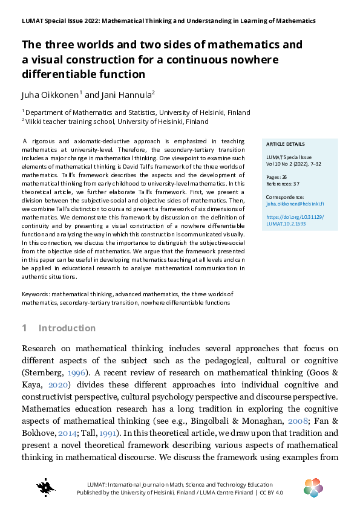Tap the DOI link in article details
click(x=295, y=219)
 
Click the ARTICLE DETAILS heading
click(x=286, y=144)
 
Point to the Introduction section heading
click(x=67, y=328)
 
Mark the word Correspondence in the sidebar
click(x=284, y=197)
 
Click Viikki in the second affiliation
click(x=34, y=121)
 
